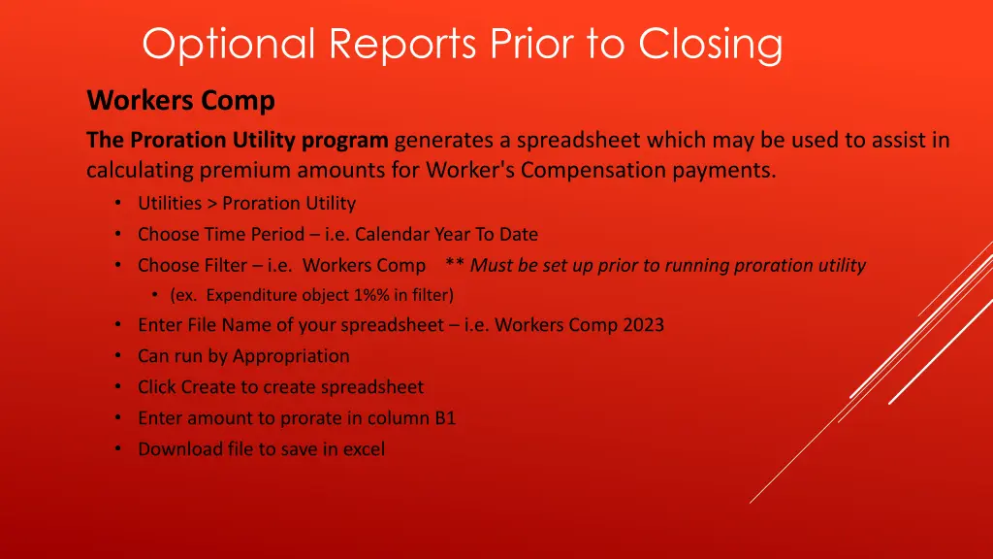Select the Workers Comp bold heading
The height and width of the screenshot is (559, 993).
[x=180, y=101]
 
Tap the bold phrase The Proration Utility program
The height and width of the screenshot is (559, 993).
[x=237, y=141]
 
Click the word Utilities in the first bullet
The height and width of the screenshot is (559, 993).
[x=170, y=204]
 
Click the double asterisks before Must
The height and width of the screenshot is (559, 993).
[x=455, y=265]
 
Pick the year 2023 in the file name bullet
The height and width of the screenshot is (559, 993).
[x=643, y=325]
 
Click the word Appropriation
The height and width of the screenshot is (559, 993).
[x=291, y=356]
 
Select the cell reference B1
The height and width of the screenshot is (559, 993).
[x=445, y=418]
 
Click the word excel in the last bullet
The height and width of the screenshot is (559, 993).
[x=363, y=449]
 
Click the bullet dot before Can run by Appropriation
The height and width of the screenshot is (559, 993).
[x=117, y=356]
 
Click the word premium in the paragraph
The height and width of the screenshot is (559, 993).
[x=238, y=171]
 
